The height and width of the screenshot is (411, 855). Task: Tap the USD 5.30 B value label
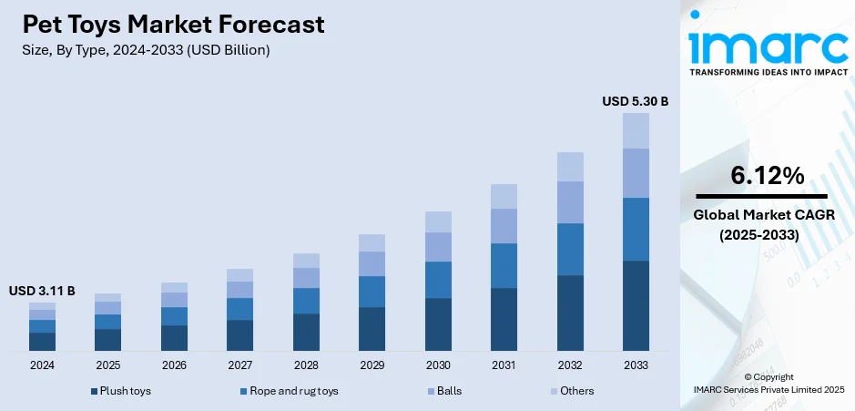(x=636, y=101)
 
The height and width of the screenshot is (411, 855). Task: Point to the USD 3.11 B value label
(x=42, y=291)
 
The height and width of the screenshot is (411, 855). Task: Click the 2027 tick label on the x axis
(x=239, y=365)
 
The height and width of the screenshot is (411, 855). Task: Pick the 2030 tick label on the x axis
(x=438, y=365)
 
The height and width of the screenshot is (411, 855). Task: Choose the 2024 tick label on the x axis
(x=42, y=365)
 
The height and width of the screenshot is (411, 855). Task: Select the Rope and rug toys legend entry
(x=289, y=391)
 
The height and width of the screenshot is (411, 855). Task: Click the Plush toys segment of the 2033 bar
(x=636, y=305)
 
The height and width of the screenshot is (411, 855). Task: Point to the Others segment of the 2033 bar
(x=636, y=130)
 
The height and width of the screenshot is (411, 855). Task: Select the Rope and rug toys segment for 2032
(x=570, y=249)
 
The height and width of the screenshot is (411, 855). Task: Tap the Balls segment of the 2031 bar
(x=504, y=226)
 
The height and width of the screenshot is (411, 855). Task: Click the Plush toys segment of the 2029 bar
(x=372, y=329)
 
